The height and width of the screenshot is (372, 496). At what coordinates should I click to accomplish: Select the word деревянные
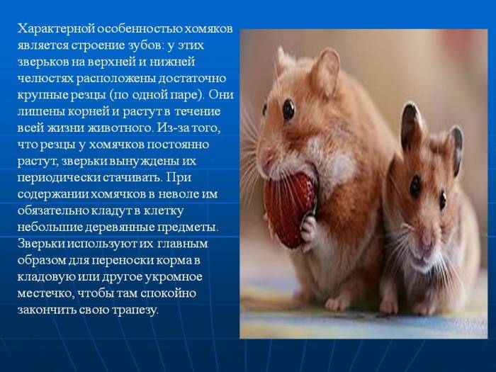point(113,226)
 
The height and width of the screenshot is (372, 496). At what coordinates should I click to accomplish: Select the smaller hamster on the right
point(425,227)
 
